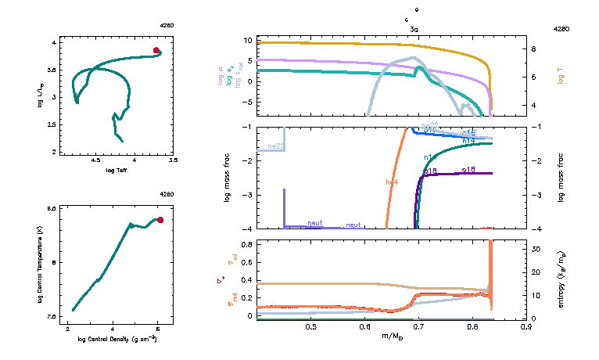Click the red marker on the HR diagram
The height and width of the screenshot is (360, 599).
tap(156, 51)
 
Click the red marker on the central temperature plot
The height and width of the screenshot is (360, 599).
tap(160, 220)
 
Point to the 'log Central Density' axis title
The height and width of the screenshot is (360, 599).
tap(117, 340)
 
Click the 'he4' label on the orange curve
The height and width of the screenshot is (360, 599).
tap(392, 182)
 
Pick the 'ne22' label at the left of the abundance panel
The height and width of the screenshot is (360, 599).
tap(275, 146)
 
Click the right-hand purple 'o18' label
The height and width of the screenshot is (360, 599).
tap(468, 169)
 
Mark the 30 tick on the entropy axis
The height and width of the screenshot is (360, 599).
tap(538, 249)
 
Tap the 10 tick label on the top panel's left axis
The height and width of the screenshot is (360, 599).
tap(247, 40)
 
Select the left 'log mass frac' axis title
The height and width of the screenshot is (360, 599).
tap(228, 178)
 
